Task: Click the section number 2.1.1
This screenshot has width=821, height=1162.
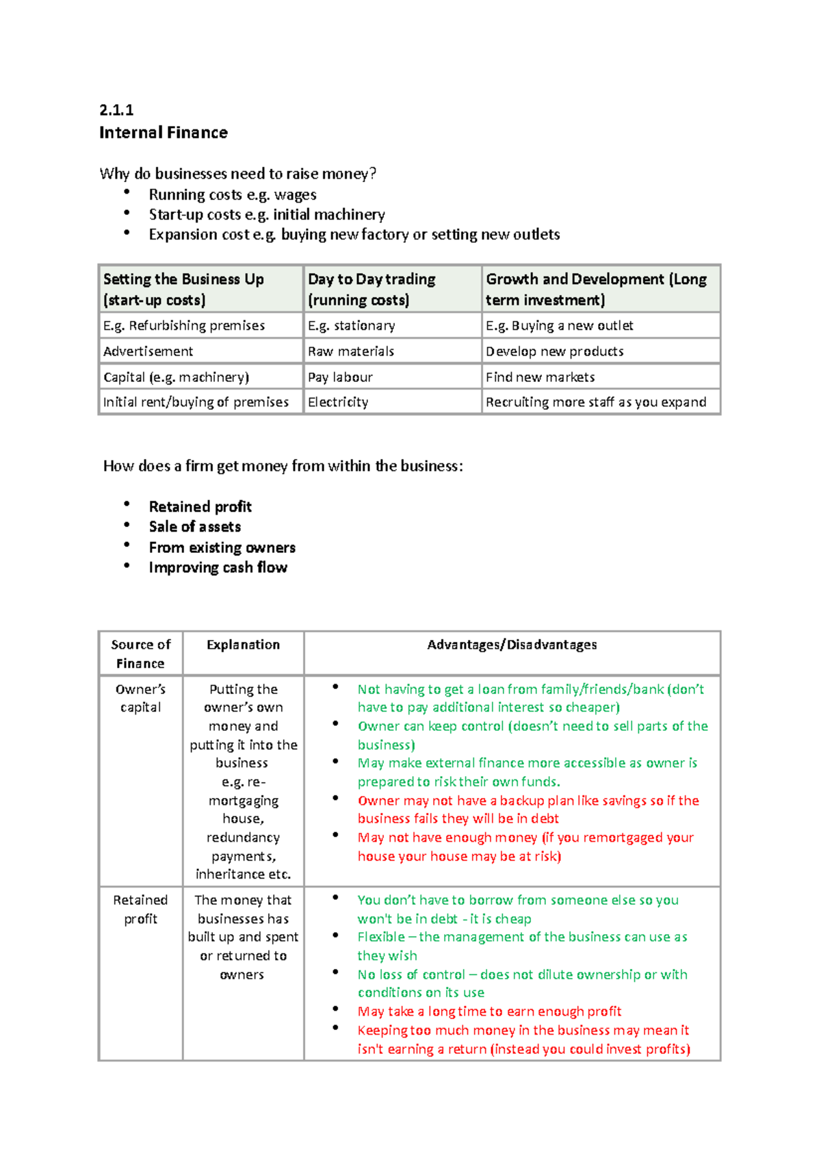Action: pyautogui.click(x=116, y=110)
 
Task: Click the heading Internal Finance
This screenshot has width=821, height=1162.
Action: pyautogui.click(x=163, y=133)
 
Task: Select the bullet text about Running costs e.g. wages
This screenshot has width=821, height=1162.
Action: pyautogui.click(x=232, y=195)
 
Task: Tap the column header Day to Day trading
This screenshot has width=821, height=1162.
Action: pyautogui.click(x=372, y=279)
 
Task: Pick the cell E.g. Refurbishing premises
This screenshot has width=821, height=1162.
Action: pyautogui.click(x=183, y=326)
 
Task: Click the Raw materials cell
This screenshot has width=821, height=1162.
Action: pyautogui.click(x=350, y=352)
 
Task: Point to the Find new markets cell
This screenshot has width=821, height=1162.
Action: pyautogui.click(x=540, y=377)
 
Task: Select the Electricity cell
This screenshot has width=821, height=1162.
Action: pyautogui.click(x=338, y=402)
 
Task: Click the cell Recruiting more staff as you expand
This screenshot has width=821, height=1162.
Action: pyautogui.click(x=595, y=402)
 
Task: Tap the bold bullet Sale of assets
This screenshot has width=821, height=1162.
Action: pyautogui.click(x=194, y=527)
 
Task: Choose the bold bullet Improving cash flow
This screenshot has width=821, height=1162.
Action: pyautogui.click(x=218, y=568)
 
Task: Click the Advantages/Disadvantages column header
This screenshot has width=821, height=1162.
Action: pyautogui.click(x=512, y=645)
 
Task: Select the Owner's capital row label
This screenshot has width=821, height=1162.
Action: pyautogui.click(x=140, y=698)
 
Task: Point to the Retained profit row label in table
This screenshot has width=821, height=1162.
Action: pyautogui.click(x=140, y=909)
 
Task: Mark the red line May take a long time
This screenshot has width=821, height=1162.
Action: pyautogui.click(x=488, y=1011)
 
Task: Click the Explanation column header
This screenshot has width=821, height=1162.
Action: pyautogui.click(x=243, y=645)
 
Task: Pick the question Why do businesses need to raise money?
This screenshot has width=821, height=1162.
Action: pyautogui.click(x=237, y=174)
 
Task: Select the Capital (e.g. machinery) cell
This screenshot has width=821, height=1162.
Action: pyautogui.click(x=176, y=377)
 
